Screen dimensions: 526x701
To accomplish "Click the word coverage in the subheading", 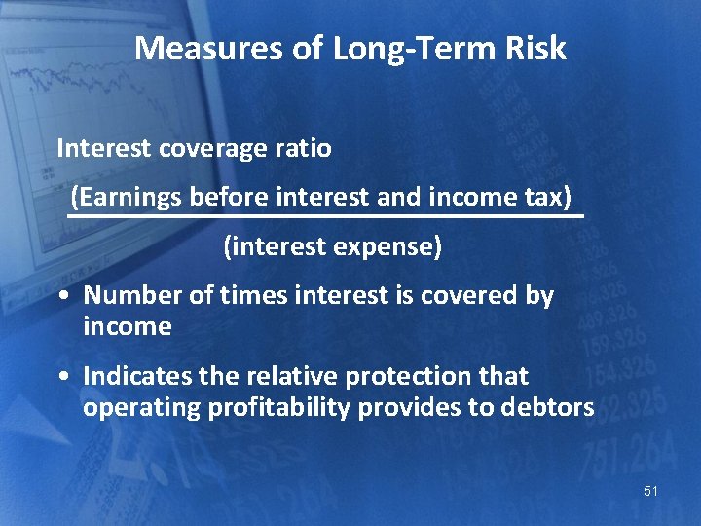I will tap(203, 149).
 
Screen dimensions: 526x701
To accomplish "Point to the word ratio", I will tap(304, 149).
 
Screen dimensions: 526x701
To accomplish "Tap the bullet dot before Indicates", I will tap(63, 377).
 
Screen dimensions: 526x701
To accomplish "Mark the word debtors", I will tap(546, 407).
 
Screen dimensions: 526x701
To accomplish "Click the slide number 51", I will tap(650, 492).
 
